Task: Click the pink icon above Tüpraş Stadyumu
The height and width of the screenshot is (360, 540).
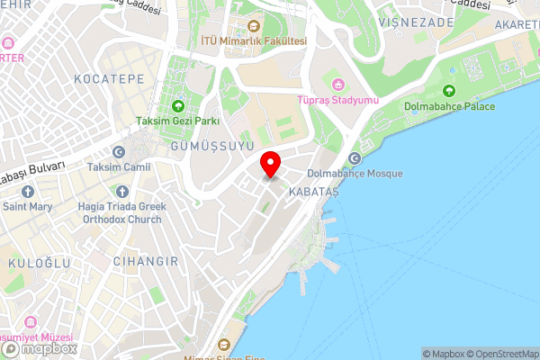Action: click(337, 84)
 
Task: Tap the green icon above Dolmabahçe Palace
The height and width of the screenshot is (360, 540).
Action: click(448, 90)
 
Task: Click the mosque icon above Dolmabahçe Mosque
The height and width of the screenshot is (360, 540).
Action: click(354, 159)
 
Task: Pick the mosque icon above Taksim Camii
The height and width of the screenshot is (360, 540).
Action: click(119, 152)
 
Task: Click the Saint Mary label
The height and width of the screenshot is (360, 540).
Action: click(27, 206)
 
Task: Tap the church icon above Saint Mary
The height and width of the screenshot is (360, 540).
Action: click(27, 192)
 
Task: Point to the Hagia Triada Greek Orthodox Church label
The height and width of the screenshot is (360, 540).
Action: click(115, 212)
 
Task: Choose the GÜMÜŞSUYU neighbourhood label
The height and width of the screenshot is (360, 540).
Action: click(212, 146)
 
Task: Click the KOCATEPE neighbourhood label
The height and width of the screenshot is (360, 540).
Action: click(111, 79)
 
